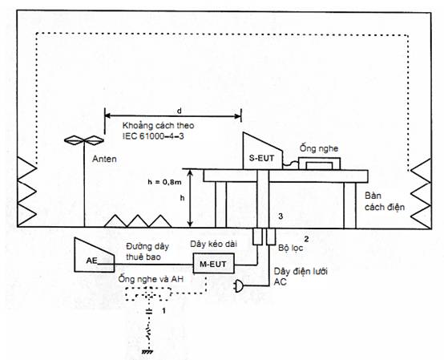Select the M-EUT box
point(213,264)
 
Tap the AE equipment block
point(93,257)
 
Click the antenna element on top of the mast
point(84,140)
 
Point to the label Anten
point(104,159)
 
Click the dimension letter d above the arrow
point(179,111)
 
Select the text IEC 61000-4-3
point(153,136)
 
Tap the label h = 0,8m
point(164,182)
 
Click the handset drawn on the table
point(319,164)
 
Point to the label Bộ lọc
point(291,248)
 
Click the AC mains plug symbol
point(238,286)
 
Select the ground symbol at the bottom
point(147,352)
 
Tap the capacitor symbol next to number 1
point(148,311)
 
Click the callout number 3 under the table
point(281,216)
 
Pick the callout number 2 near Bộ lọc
point(306,239)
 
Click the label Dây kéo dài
point(213,244)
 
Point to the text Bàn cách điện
point(384,201)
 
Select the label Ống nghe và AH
point(151,279)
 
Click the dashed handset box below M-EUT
point(148,294)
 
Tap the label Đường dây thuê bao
point(147,252)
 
